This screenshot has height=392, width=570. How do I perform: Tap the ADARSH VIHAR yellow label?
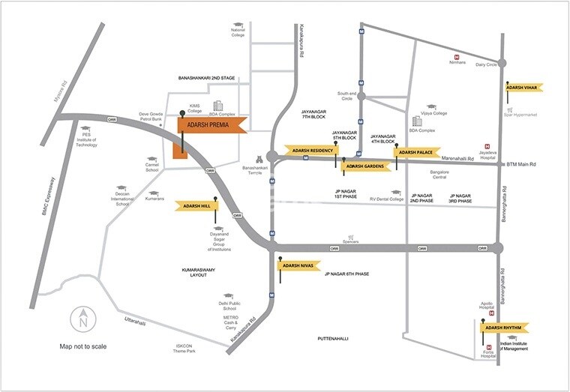524,88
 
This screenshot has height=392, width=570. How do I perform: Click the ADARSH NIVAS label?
299,265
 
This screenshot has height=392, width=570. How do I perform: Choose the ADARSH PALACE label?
415,152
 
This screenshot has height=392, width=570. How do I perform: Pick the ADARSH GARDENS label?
364,166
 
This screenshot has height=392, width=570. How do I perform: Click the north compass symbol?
82,321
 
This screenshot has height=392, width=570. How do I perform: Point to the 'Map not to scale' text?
83,346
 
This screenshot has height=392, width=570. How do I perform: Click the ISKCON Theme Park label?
180,348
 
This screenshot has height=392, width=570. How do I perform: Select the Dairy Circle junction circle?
502,64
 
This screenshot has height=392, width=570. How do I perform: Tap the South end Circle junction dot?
361,97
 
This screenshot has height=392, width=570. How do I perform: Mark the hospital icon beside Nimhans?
457,55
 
